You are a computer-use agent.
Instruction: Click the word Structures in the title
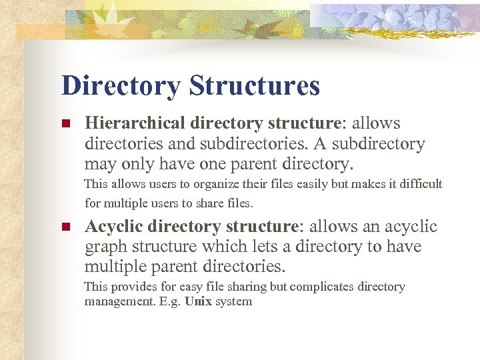[254, 86]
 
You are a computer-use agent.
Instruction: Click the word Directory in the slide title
[121, 86]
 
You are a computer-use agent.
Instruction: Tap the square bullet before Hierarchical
[65, 124]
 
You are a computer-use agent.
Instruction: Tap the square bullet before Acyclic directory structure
[65, 227]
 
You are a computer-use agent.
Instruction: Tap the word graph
[103, 247]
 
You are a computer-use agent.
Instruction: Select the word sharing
[246, 287]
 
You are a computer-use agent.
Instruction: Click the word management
[115, 301]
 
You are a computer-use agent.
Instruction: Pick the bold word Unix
[198, 301]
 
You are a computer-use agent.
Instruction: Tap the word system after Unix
[233, 301]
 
